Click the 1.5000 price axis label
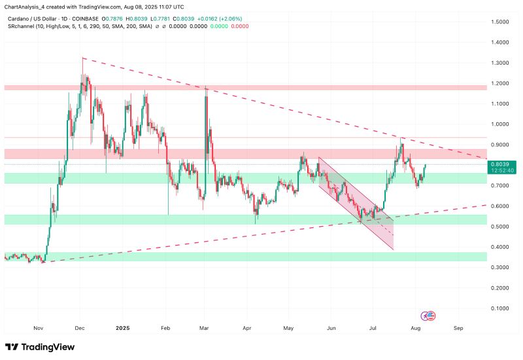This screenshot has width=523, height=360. click(x=503, y=22)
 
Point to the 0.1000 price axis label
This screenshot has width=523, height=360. click(x=503, y=308)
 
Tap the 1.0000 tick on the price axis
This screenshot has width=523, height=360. click(x=503, y=124)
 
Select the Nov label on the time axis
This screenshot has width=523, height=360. click(x=38, y=329)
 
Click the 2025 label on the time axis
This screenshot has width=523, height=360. click(x=122, y=329)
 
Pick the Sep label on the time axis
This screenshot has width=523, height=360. click(x=458, y=329)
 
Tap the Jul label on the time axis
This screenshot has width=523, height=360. click(x=373, y=329)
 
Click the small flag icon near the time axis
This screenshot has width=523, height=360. click(x=429, y=316)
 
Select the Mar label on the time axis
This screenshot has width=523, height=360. click(x=205, y=329)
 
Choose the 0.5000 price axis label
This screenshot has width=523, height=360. click(x=503, y=227)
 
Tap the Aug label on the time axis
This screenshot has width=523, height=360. click(x=415, y=329)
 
